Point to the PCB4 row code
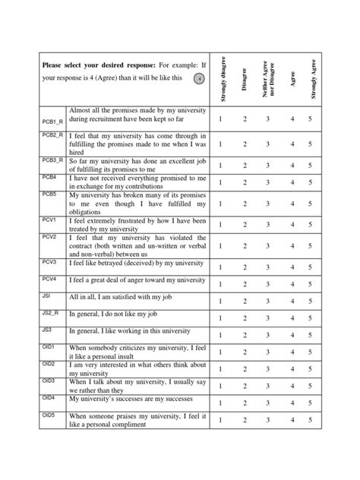pos(49,176)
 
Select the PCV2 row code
pos(49,236)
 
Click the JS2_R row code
pos(51,311)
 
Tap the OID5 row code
pos(49,415)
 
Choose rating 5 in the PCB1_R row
pos(310,118)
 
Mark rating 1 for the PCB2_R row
pos(220,144)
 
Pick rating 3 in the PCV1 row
pos(267,225)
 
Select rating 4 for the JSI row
pos(292,302)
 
